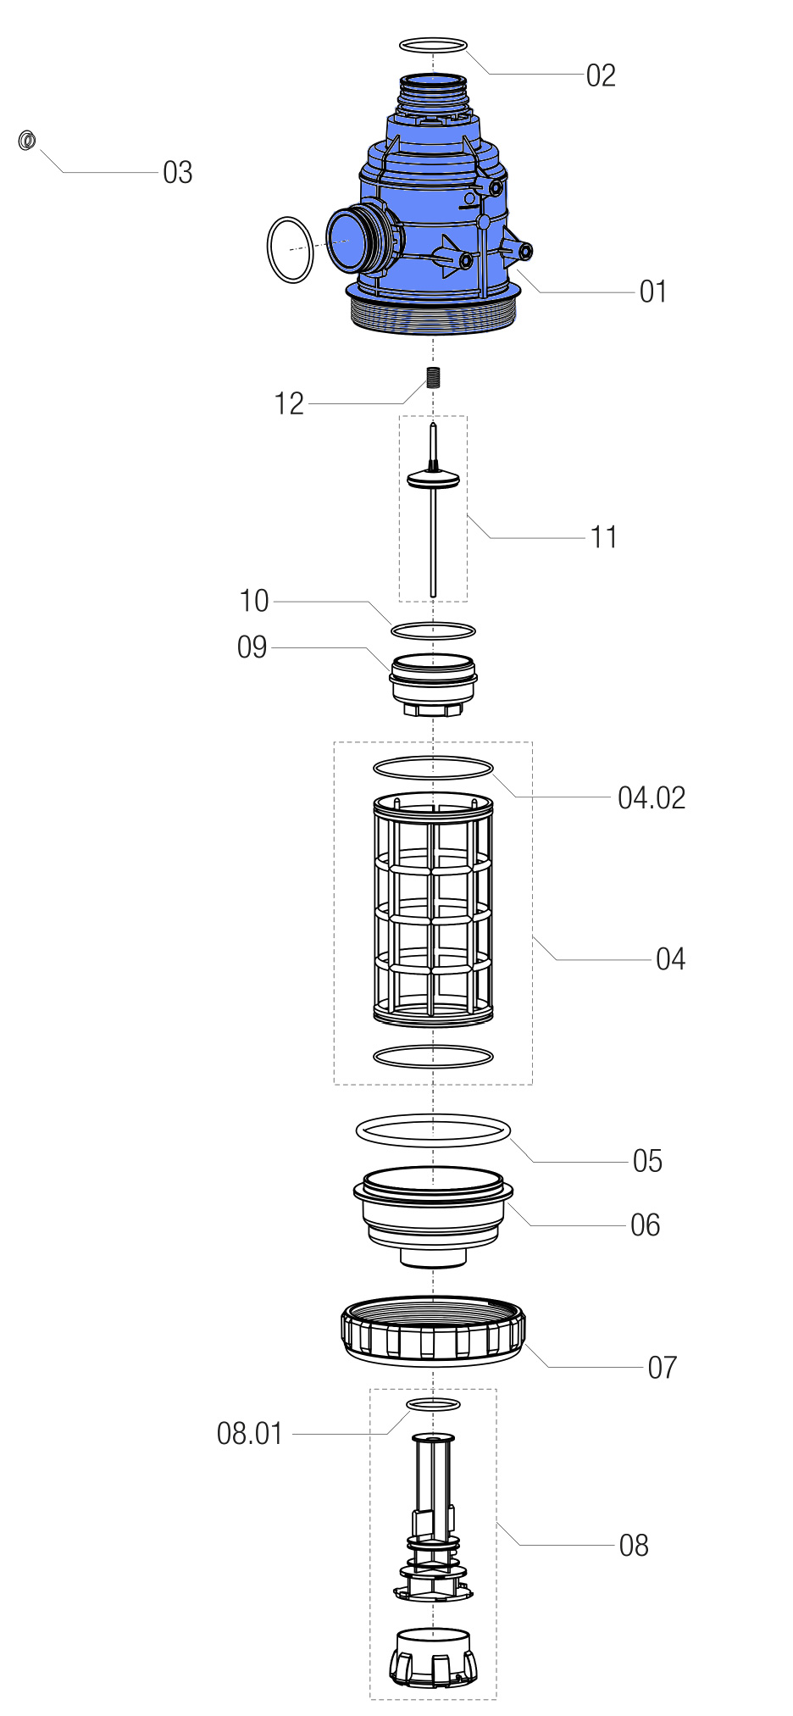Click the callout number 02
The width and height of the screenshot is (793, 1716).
click(601, 75)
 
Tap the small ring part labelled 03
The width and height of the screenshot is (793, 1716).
click(27, 140)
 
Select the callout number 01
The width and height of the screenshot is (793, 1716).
click(653, 292)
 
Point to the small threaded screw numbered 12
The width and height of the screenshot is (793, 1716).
click(433, 376)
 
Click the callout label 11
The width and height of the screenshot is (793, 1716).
click(603, 537)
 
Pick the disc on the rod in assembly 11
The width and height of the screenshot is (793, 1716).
click(433, 479)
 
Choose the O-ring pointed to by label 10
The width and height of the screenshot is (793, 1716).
click(433, 630)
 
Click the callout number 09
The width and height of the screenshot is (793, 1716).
click(252, 647)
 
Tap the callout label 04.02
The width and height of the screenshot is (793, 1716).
click(652, 797)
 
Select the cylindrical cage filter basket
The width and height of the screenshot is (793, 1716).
click(433, 908)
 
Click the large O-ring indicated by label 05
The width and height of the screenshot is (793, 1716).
click(433, 1130)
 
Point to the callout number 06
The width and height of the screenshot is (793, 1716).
click(645, 1225)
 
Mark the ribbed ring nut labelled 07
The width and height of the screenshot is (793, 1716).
click(433, 1330)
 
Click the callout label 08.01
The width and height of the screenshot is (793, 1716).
click(249, 1433)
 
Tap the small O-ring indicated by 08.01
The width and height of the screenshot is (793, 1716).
click(433, 1404)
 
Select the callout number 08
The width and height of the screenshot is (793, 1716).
click(634, 1545)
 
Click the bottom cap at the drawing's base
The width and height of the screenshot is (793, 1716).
click(433, 1657)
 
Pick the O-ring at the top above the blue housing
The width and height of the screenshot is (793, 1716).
click(432, 45)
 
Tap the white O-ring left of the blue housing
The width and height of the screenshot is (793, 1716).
click(291, 249)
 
